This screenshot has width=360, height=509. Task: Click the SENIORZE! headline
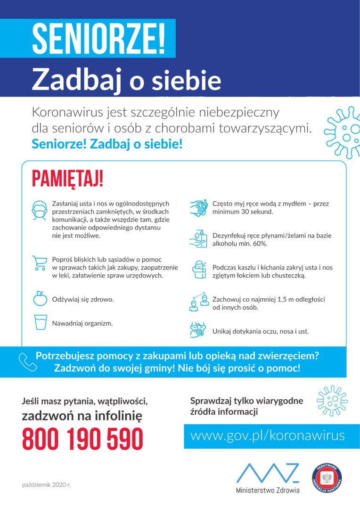(99, 38)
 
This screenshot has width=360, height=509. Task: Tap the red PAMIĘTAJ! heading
(67, 180)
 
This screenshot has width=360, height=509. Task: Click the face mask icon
(40, 210)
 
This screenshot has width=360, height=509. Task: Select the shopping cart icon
(40, 263)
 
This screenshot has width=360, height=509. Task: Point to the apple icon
(40, 298)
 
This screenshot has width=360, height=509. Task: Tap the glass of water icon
(40, 322)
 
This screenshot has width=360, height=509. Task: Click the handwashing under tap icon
(199, 208)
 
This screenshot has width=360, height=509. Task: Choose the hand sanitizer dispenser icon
(199, 238)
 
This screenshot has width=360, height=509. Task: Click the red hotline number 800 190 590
(82, 439)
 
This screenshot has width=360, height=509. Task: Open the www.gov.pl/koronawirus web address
(267, 435)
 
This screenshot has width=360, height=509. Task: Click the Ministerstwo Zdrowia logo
(268, 477)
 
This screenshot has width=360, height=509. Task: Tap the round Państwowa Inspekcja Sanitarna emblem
(327, 477)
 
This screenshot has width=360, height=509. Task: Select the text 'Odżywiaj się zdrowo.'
(82, 299)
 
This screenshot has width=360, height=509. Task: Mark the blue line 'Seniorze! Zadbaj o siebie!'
(107, 144)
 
